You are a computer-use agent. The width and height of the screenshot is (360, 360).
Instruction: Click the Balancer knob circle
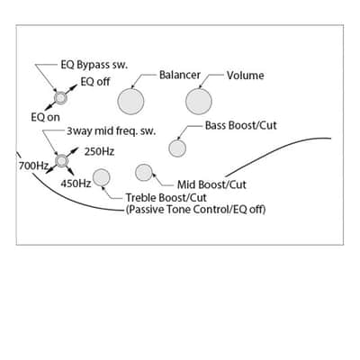point(130,102)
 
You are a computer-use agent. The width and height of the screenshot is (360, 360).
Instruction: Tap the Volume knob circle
point(199,102)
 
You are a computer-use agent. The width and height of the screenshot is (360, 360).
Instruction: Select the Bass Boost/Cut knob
point(177,148)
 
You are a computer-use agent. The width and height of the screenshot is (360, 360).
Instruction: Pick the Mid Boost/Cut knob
point(144,173)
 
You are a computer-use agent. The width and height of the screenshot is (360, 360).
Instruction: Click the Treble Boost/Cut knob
point(102,177)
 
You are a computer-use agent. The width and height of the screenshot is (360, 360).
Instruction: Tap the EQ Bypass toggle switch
point(60,98)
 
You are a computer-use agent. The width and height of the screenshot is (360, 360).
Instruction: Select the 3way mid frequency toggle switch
point(61,161)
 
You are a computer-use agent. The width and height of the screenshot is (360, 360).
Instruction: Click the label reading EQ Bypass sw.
point(94,65)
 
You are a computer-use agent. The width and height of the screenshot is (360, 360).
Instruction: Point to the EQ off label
point(95,82)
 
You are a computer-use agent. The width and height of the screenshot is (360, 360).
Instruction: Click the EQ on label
point(46,117)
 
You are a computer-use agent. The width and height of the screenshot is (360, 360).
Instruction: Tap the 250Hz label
point(99,152)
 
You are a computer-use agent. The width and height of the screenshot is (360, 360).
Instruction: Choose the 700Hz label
point(33,166)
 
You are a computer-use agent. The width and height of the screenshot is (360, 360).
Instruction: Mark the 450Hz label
point(76,183)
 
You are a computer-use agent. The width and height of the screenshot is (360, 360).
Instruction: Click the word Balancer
point(180,75)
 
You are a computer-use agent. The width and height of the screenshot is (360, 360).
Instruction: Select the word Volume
point(246,76)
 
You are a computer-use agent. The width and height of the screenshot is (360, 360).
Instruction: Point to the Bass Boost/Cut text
point(241,125)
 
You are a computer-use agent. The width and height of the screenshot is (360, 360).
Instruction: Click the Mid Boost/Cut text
point(211,184)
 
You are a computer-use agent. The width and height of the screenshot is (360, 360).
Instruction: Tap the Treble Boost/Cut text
point(166,198)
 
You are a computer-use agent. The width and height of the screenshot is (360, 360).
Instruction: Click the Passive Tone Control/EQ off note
point(195,209)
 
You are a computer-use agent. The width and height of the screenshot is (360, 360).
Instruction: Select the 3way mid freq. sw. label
point(112,131)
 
